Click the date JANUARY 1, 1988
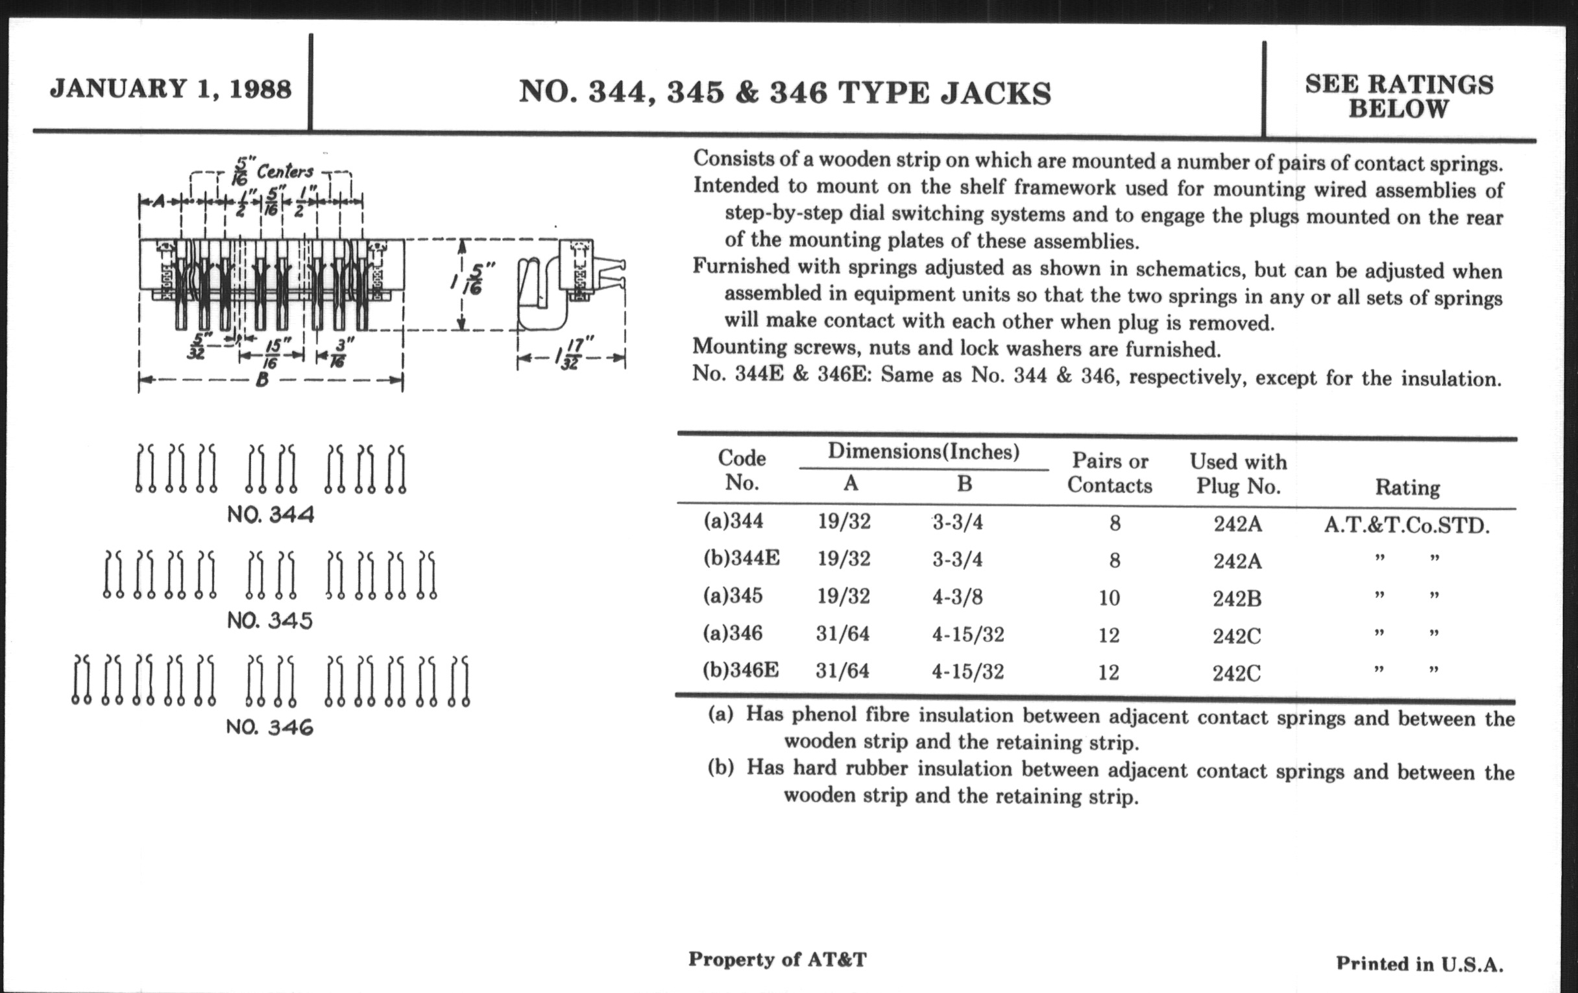(x=171, y=88)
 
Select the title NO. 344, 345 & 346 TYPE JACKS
(x=785, y=92)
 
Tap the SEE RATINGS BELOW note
(x=1398, y=96)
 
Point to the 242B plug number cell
(x=1237, y=598)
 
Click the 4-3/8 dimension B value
(x=958, y=597)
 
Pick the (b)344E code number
(x=741, y=558)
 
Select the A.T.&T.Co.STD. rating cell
(x=1406, y=526)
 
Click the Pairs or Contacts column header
(x=1110, y=472)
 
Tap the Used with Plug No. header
(x=1238, y=473)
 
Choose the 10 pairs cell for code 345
(x=1109, y=598)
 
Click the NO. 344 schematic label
(x=270, y=515)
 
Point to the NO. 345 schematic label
(x=269, y=620)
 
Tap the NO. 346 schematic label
(x=269, y=727)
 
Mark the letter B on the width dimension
(x=261, y=380)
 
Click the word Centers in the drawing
(x=285, y=172)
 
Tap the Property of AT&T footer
(x=777, y=959)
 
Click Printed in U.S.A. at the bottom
(x=1420, y=964)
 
